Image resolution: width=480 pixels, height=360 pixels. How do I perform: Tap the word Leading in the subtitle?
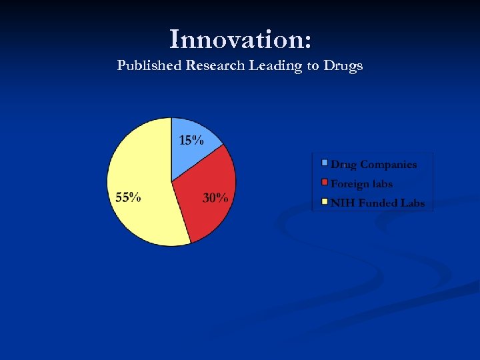(x=275, y=66)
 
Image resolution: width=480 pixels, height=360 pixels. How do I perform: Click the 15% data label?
(x=191, y=140)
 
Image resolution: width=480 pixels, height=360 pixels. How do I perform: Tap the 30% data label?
(x=215, y=198)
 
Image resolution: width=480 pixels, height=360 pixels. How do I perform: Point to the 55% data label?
(x=128, y=197)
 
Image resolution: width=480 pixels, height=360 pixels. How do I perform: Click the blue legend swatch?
(x=325, y=163)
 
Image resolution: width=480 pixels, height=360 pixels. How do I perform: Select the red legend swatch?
(x=325, y=182)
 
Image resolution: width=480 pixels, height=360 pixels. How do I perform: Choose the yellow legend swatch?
(x=325, y=201)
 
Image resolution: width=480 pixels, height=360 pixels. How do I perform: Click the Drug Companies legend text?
(x=373, y=165)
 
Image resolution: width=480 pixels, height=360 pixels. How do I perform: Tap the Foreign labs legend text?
(x=361, y=184)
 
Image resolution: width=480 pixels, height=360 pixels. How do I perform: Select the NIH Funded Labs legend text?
(x=377, y=203)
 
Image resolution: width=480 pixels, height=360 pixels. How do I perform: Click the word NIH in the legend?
(x=342, y=203)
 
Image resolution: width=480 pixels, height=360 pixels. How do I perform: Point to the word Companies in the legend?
(x=389, y=165)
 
